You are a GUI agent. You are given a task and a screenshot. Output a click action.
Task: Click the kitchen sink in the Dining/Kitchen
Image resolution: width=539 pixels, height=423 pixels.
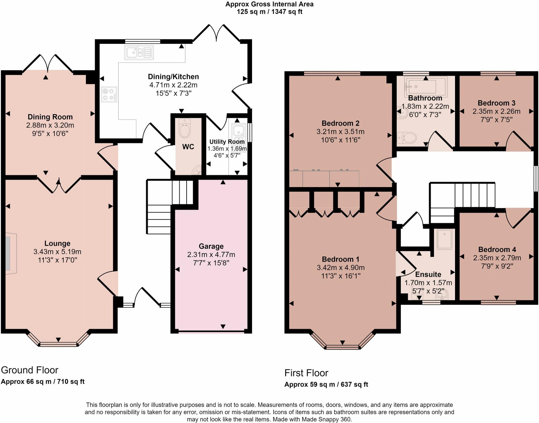pos(139,52)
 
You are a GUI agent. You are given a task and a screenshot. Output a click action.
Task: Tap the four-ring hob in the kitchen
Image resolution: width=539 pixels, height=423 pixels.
pos(109,94)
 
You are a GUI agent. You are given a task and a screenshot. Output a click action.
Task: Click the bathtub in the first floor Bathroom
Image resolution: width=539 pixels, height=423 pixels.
pos(426,86)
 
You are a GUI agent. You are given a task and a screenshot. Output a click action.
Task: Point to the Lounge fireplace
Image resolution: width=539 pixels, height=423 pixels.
pos(11,253)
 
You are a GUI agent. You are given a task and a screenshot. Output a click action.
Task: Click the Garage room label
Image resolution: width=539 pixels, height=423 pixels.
pos(211,246)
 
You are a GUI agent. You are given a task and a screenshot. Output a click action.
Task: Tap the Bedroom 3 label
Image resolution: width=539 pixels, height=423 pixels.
pos(496,103)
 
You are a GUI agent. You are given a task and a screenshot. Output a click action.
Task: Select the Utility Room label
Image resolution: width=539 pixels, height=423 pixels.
pos(227,142)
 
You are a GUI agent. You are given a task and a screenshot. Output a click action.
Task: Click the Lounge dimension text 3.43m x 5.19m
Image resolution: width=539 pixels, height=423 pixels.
pos(57,252)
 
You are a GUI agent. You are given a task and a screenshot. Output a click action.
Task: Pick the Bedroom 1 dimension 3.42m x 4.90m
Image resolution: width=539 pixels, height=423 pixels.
pos(341,268)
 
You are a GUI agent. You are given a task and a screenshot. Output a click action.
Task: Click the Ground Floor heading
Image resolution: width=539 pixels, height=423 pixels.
pos(29,370)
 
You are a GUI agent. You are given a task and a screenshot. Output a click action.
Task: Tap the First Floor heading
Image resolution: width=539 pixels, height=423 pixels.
pos(306,373)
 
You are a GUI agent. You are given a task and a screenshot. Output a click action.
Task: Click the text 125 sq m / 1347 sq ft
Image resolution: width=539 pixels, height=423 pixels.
pos(269,12)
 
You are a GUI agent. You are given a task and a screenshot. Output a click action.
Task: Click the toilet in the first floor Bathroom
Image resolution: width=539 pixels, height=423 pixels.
pos(407,137)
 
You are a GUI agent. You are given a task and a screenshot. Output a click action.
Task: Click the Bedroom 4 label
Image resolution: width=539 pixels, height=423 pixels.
pos(497,249)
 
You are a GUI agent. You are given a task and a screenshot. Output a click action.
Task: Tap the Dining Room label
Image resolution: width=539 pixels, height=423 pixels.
pos(50,117)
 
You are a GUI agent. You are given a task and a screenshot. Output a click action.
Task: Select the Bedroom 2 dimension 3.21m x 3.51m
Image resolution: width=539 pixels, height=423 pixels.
pos(340,132)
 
